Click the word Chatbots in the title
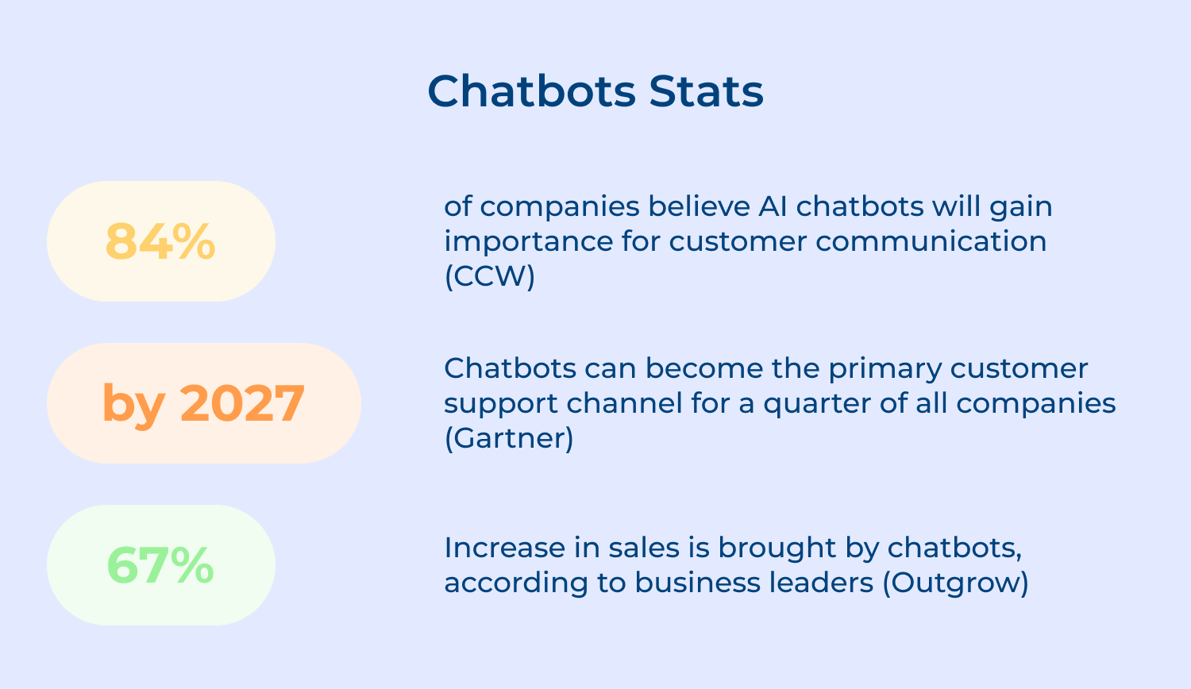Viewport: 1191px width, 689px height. (531, 91)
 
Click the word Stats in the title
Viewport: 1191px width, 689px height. (706, 91)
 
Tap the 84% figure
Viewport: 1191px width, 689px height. (160, 241)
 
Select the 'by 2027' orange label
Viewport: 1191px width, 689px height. (203, 403)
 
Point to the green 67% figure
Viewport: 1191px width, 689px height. (160, 565)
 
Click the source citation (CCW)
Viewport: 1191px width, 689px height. (489, 276)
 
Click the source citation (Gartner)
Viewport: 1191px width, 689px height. (508, 438)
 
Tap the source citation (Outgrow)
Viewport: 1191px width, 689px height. (955, 583)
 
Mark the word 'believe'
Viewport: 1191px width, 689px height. (698, 206)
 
